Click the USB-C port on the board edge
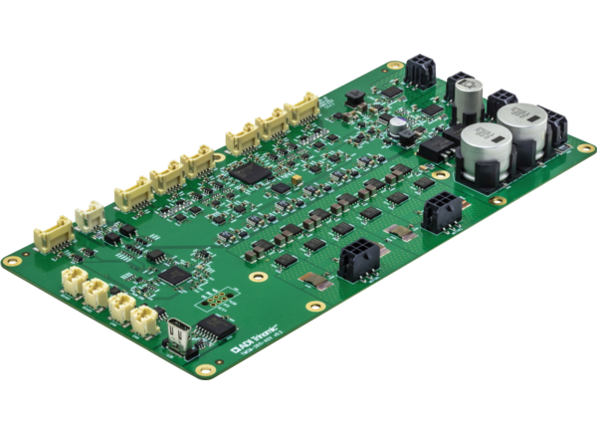[180, 332]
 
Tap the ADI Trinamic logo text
[257, 347]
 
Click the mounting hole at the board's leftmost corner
[12, 260]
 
